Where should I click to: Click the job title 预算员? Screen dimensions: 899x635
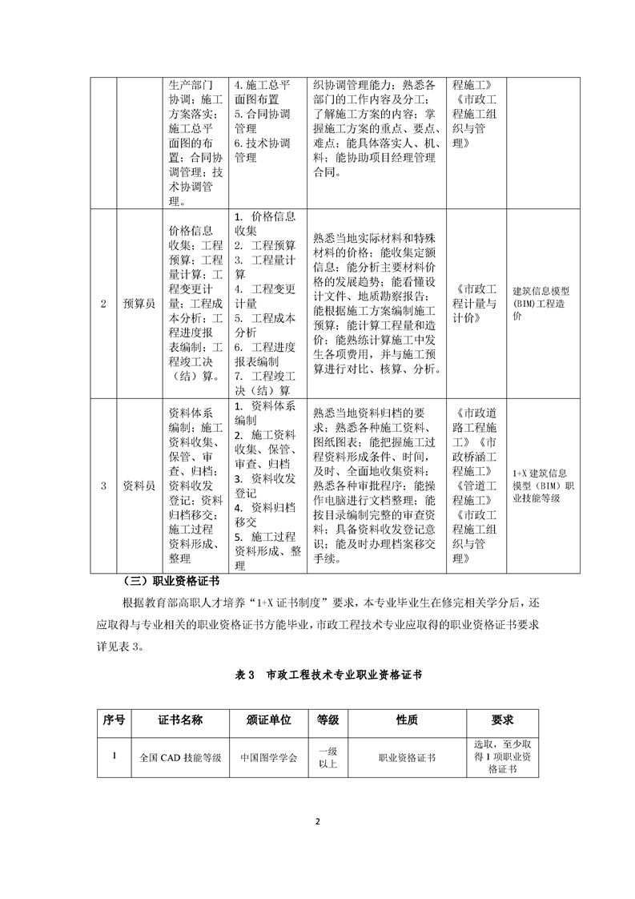[x=139, y=304]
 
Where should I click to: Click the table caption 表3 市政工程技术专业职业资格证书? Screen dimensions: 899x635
[x=317, y=675]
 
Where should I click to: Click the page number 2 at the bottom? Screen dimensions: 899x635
[x=317, y=822]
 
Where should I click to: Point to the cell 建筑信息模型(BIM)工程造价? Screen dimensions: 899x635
[x=541, y=304]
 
